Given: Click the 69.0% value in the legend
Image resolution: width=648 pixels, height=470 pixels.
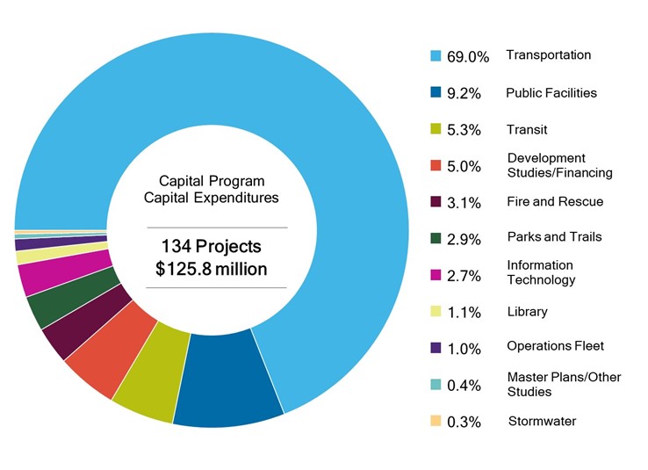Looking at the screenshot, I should [467, 57].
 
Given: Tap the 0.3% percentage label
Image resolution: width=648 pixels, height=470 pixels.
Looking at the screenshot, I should [464, 423].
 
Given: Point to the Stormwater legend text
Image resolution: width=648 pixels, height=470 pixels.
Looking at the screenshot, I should [542, 422].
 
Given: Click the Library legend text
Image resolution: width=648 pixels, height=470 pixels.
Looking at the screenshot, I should [527, 312].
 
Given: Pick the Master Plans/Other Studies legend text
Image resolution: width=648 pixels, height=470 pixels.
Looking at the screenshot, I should [564, 384].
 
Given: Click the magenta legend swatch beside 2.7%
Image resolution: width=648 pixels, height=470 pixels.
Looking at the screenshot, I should [435, 274].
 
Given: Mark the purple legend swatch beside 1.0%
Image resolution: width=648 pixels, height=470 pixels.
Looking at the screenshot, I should [435, 348].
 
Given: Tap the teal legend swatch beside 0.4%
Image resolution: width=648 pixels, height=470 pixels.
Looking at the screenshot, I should [435, 385].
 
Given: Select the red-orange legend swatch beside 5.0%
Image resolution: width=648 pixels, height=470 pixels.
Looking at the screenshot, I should [435, 165].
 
